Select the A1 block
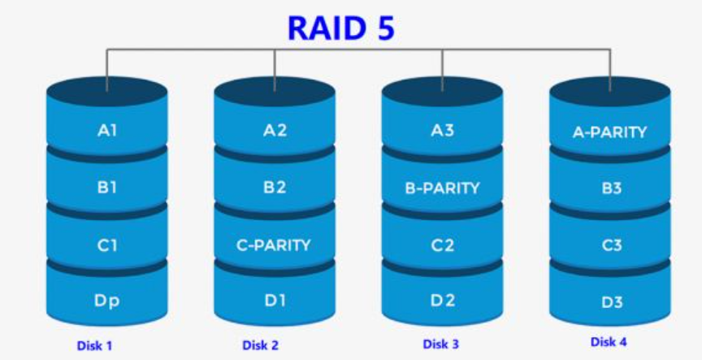point(107,129)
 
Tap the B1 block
point(107,187)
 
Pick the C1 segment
point(107,245)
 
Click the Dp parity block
point(107,301)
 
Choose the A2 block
point(275,129)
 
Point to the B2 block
point(275,187)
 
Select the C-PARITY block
point(275,245)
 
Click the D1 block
point(275,301)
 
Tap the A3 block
point(443,129)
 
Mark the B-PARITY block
point(443,188)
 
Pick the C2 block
point(443,245)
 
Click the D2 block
point(443,301)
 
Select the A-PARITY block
point(610,132)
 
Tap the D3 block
point(610,302)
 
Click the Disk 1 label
point(94,346)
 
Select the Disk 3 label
point(441,345)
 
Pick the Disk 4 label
point(609,342)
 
